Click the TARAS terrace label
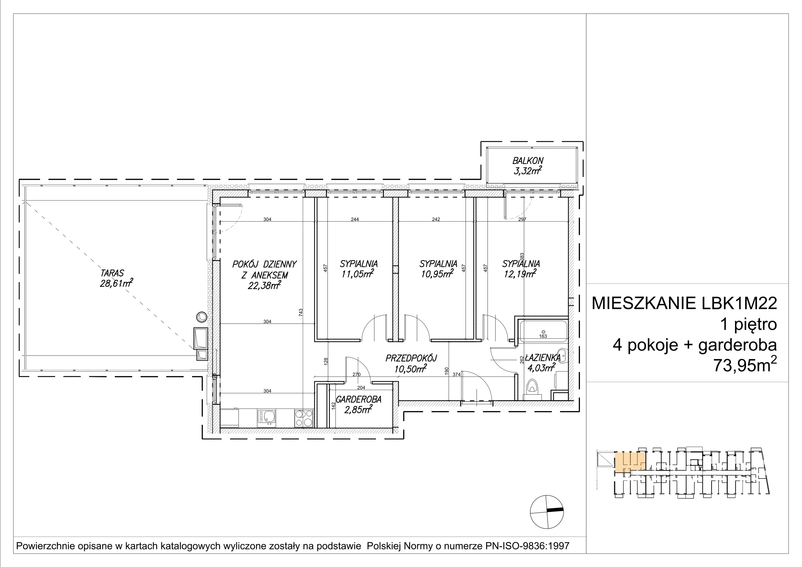click(112, 273)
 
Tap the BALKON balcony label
click(528, 161)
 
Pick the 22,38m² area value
click(264, 286)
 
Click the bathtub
click(543, 330)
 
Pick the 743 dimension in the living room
click(301, 312)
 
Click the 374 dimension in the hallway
click(457, 374)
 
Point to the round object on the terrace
click(202, 317)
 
